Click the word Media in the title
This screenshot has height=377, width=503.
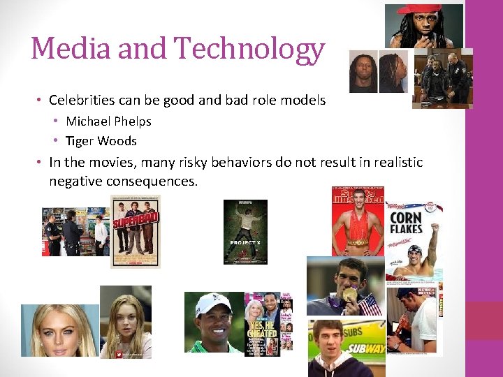71,49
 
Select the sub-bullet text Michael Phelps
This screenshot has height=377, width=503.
108,121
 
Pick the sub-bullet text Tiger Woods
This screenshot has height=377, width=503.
101,141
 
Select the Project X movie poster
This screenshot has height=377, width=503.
245,232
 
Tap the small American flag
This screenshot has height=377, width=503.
369,304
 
